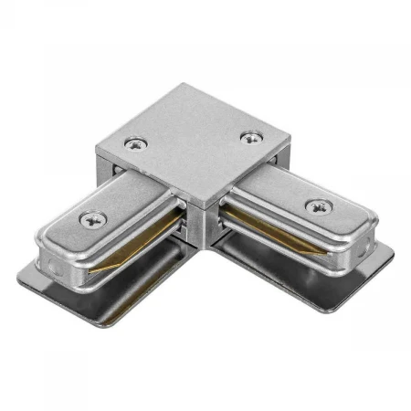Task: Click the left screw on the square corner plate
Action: pos(137,143)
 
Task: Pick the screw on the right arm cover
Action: pos(316,205)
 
